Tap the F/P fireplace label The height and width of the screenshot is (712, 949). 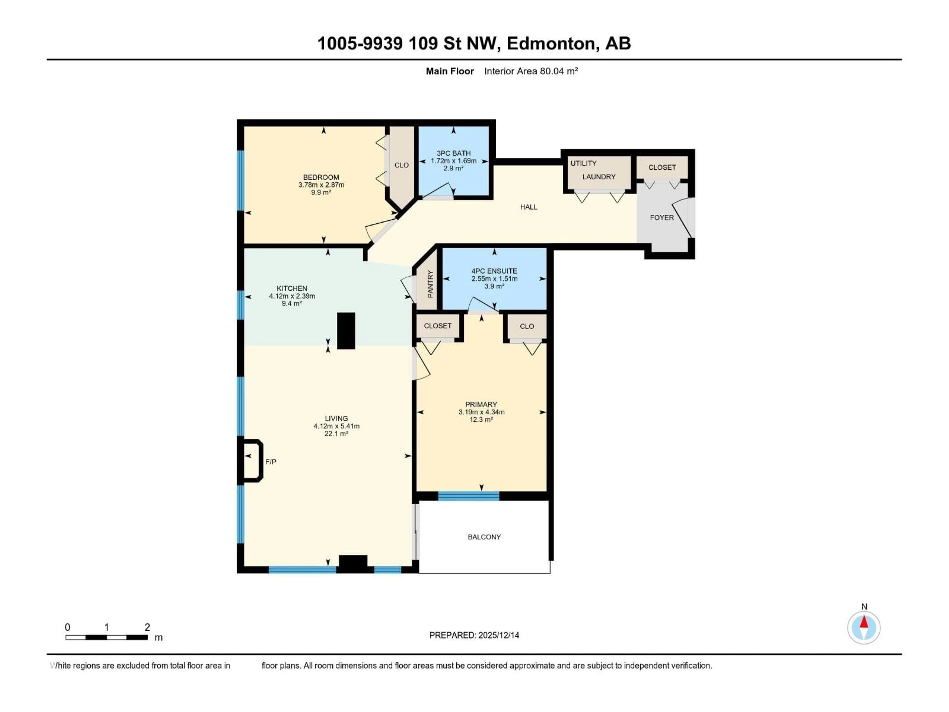[x=271, y=462]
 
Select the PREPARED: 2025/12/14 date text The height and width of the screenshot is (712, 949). [x=474, y=635]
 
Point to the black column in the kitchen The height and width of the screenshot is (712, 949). [x=346, y=331]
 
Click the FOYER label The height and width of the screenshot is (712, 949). [x=662, y=218]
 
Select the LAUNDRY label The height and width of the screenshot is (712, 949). [x=599, y=177]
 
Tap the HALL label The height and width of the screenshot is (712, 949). [x=529, y=207]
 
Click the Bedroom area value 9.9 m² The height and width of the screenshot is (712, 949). [x=321, y=193]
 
